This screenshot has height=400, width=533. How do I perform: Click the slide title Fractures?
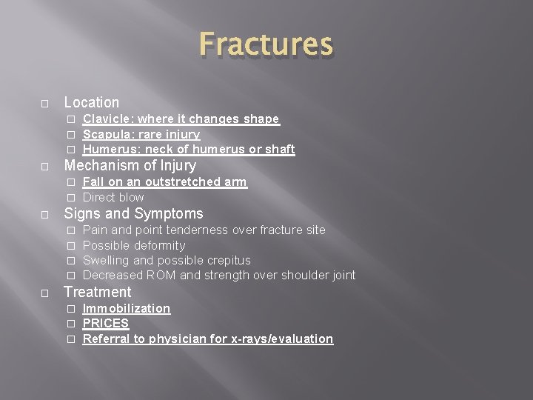266,44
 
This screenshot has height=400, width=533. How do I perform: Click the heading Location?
92,102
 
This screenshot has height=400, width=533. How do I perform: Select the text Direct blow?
113,197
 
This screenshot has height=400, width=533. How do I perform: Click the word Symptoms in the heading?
167,214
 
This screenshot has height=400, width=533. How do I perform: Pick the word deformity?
161,245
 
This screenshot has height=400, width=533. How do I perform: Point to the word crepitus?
225,261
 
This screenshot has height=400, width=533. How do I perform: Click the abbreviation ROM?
161,276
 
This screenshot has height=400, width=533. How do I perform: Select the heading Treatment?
98,292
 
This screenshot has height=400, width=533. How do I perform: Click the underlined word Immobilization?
127,308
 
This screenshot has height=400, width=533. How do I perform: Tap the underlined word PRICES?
106,324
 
